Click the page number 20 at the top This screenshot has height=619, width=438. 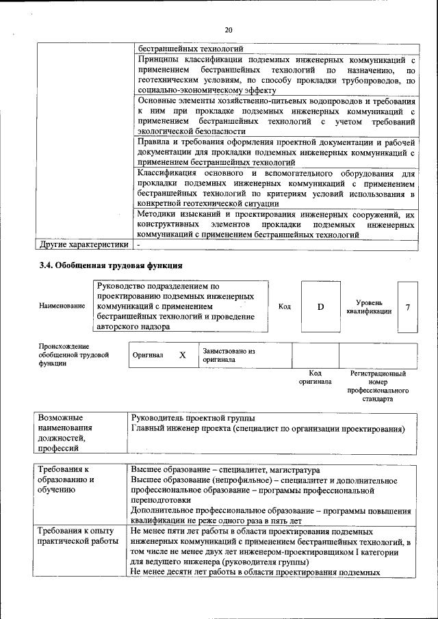click(x=229, y=29)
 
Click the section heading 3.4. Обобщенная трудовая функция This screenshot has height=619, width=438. click(x=110, y=265)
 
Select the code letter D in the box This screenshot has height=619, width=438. click(x=320, y=306)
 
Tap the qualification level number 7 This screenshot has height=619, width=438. click(x=408, y=306)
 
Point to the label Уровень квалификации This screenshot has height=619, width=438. click(x=369, y=306)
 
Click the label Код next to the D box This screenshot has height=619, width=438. click(x=285, y=306)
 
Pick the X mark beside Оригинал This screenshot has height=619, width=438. click(x=182, y=356)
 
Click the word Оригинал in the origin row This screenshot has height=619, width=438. click(x=149, y=356)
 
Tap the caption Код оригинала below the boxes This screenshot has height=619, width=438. click(x=315, y=378)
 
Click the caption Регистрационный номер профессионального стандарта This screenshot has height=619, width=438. click(x=378, y=386)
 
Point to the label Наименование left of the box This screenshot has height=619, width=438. click(x=62, y=306)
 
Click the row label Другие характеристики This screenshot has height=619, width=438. click(x=83, y=244)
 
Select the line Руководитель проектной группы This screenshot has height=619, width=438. click(x=193, y=418)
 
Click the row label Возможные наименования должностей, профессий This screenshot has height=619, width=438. click(x=65, y=433)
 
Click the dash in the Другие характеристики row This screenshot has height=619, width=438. click(x=138, y=244)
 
